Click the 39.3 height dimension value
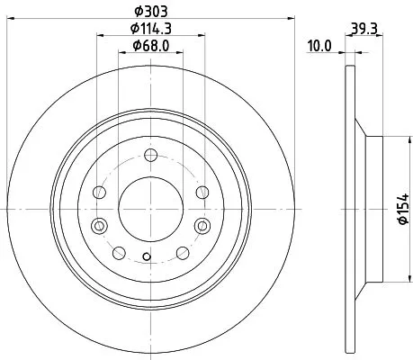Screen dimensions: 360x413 click(364, 29)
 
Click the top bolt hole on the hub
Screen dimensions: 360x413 click(151, 155)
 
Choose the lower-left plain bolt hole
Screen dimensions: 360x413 click(119, 252)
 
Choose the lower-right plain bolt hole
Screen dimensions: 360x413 click(184, 252)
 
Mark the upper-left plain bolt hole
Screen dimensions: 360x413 click(100, 192)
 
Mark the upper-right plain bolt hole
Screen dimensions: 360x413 click(202, 192)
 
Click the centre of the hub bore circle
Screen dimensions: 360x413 click(151, 208)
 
